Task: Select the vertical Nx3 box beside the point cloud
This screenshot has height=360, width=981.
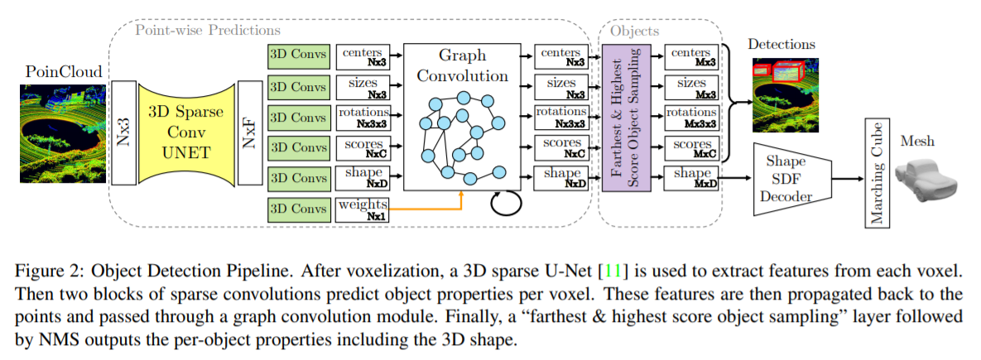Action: pyautogui.click(x=123, y=132)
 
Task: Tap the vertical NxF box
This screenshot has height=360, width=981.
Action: pyautogui.click(x=248, y=132)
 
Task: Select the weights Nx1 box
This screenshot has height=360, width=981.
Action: pyautogui.click(x=363, y=209)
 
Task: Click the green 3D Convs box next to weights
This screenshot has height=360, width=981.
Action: pyautogui.click(x=299, y=209)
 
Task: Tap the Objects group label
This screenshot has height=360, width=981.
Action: pyautogui.click(x=632, y=30)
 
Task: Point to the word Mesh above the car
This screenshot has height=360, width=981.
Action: pyautogui.click(x=918, y=141)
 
